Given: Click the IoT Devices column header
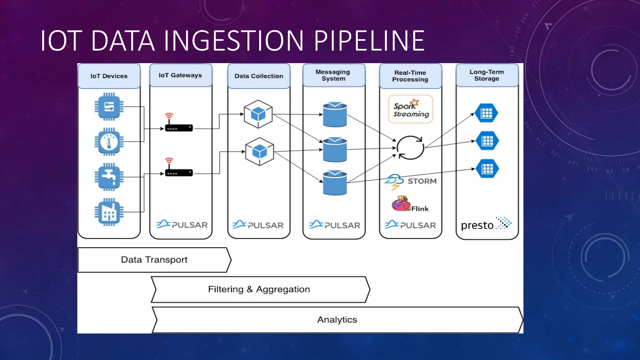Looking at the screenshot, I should tap(109, 76).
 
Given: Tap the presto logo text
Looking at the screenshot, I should tap(477, 225).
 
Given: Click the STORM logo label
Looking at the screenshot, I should tap(422, 181).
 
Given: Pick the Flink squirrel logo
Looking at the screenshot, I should tap(401, 204).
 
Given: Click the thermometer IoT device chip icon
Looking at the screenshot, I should tap(109, 142).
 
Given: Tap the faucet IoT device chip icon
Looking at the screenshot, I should tap(109, 177).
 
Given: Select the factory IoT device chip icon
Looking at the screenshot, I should tap(109, 212).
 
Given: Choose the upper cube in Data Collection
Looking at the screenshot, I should tap(258, 114).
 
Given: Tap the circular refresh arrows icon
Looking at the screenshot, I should tap(410, 147).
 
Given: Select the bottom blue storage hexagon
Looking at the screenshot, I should tap(487, 169).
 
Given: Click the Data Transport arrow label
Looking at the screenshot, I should tap(154, 260).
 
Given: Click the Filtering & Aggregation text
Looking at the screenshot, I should tap(259, 289).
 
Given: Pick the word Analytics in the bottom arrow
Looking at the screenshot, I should tap(337, 320).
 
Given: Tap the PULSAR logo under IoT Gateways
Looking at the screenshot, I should tap(182, 224).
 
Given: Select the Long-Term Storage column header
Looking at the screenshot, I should tap(487, 75).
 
